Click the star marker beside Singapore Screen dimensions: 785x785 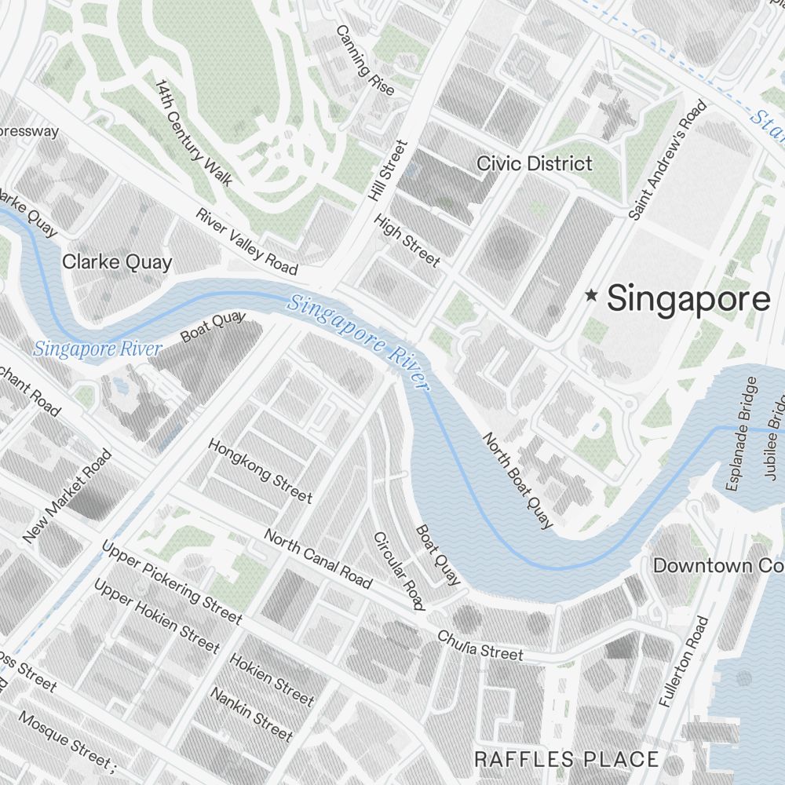click(591, 296)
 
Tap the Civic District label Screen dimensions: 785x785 click(535, 163)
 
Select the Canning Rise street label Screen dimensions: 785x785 click(365, 60)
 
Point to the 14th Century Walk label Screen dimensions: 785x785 click(193, 133)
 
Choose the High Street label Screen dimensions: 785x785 click(407, 240)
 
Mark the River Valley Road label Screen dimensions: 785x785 click(246, 242)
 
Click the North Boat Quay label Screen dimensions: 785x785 click(517, 480)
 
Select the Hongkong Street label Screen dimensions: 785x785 click(260, 470)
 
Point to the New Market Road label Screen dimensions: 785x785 click(67, 496)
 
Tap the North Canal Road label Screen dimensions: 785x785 click(318, 558)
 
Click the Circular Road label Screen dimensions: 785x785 click(399, 571)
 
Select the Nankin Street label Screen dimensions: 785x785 click(250, 714)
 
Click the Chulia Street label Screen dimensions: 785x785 click(480, 644)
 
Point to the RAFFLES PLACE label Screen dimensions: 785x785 click(566, 759)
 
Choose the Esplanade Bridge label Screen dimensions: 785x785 click(743, 433)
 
